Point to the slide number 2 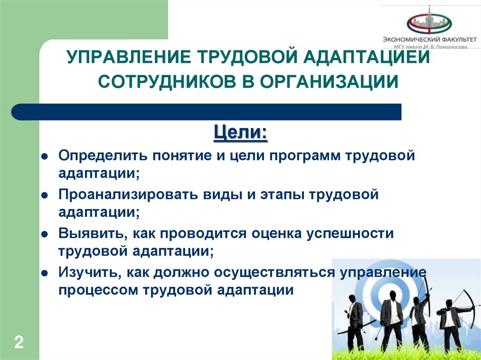(19, 342)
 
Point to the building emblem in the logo (428, 21)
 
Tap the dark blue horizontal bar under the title (207, 112)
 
